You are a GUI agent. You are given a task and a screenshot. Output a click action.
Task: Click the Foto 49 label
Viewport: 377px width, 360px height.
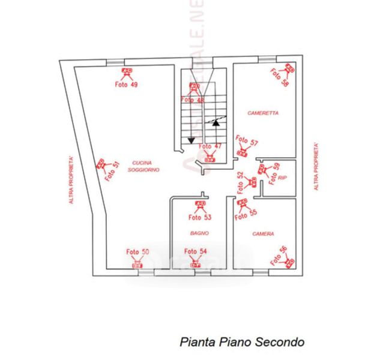(126, 85)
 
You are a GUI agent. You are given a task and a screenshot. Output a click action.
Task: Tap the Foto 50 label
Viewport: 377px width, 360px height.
(137, 252)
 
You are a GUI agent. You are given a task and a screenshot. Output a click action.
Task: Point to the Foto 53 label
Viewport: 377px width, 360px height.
(200, 217)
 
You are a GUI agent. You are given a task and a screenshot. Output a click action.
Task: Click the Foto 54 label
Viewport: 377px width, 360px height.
(195, 252)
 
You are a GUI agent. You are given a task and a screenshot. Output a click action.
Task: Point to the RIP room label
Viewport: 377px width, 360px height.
(282, 178)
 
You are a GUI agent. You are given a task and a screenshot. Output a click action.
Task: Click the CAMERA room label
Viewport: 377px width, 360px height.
(264, 233)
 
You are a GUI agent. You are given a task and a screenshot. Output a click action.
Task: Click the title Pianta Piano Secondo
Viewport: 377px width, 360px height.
(242, 342)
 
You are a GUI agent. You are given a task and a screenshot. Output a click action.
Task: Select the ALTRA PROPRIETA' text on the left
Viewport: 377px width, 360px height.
(71, 179)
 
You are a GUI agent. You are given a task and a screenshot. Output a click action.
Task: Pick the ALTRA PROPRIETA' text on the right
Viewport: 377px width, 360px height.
(316, 166)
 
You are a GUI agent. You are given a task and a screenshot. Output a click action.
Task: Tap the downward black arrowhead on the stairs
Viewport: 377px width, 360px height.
(191, 140)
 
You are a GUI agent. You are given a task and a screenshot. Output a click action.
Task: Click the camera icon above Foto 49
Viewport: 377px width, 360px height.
(126, 74)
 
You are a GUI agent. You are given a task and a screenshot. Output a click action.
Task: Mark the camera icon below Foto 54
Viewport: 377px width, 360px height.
(195, 263)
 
